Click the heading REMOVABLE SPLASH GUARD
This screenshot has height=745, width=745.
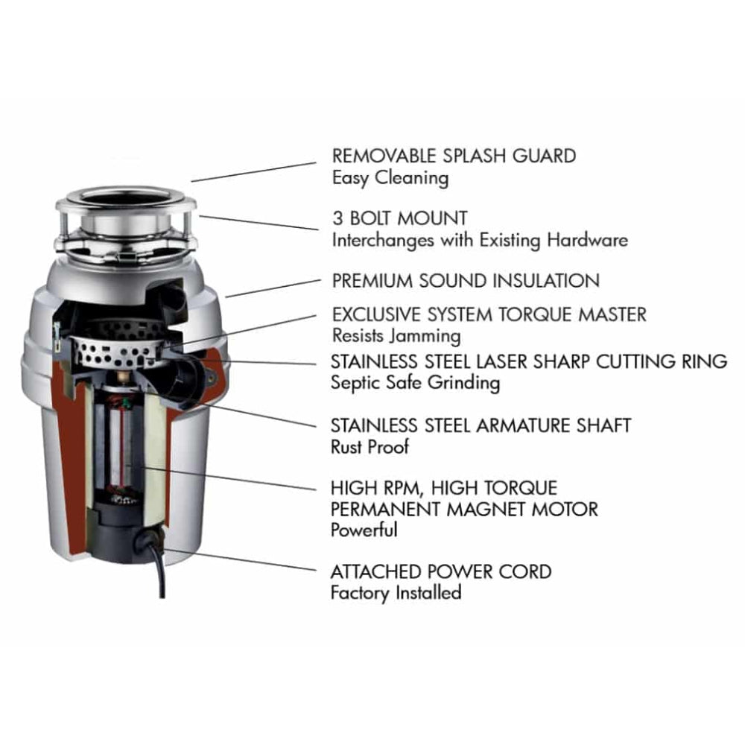point(454,156)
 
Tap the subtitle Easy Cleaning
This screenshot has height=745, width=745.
point(390,178)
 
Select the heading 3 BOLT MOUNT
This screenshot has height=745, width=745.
point(400,219)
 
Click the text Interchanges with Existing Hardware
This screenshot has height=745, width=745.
point(479,241)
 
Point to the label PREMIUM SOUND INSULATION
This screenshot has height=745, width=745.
point(466,281)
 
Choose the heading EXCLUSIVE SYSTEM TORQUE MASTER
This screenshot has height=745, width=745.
point(489,314)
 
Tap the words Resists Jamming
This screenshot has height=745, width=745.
point(396,335)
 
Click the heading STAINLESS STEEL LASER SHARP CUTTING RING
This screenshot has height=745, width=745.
point(529,361)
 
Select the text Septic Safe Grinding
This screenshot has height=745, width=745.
point(415,383)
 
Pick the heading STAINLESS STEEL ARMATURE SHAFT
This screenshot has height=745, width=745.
point(481,425)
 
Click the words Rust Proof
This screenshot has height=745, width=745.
point(370,447)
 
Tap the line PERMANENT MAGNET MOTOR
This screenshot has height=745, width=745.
point(464,510)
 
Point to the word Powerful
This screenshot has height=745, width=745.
point(364,530)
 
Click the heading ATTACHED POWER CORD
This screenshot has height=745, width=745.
point(441,572)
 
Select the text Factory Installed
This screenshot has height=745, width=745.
point(396,593)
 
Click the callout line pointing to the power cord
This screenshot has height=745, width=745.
point(246,560)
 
